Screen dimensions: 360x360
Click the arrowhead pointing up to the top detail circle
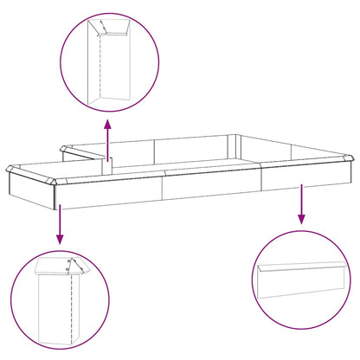pos(107,125)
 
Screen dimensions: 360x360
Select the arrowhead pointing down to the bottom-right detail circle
pos(300,220)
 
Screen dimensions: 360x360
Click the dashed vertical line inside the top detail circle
pos(101,61)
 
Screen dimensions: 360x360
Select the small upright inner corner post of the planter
pos(108,164)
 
